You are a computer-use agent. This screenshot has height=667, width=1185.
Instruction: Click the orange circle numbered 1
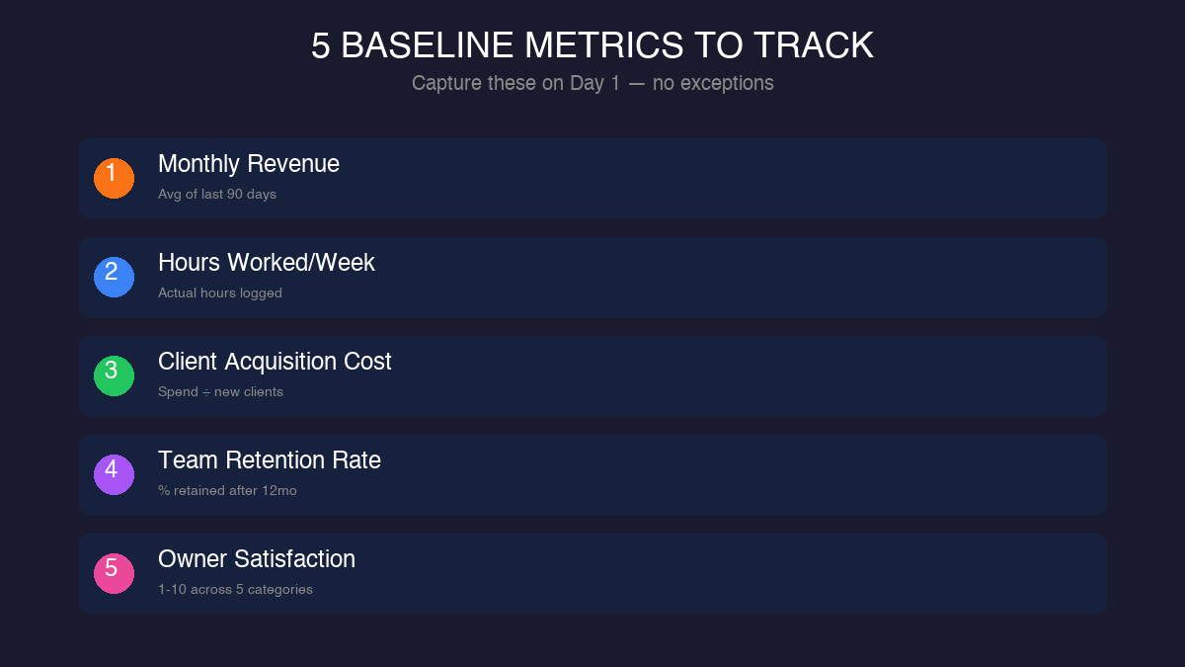click(114, 178)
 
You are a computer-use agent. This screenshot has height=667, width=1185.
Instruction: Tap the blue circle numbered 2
click(114, 277)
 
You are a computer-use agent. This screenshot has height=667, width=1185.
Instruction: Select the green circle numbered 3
click(114, 375)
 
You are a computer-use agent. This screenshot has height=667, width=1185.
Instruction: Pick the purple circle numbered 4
click(114, 474)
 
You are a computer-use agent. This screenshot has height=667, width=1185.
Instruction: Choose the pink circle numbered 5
click(114, 573)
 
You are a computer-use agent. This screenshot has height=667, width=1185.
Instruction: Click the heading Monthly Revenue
click(249, 164)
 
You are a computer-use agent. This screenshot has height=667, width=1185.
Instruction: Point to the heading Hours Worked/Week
click(267, 263)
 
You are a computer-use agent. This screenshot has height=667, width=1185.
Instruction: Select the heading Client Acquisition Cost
click(275, 362)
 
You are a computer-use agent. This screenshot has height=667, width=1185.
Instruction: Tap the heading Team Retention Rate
click(270, 460)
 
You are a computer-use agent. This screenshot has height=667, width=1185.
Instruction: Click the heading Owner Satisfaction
click(257, 559)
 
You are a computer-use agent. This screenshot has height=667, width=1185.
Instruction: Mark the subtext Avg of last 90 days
click(217, 195)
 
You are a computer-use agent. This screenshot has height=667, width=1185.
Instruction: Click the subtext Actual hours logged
click(220, 293)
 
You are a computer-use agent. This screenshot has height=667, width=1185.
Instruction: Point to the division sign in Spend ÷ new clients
click(204, 392)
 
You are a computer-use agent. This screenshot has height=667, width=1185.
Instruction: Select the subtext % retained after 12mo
click(227, 491)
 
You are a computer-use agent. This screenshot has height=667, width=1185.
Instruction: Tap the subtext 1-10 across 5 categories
click(235, 590)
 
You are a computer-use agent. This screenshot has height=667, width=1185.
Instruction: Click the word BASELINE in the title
click(427, 46)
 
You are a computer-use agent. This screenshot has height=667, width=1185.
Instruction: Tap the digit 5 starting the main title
click(321, 46)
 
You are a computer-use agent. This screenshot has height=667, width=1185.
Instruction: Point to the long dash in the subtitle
click(636, 83)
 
